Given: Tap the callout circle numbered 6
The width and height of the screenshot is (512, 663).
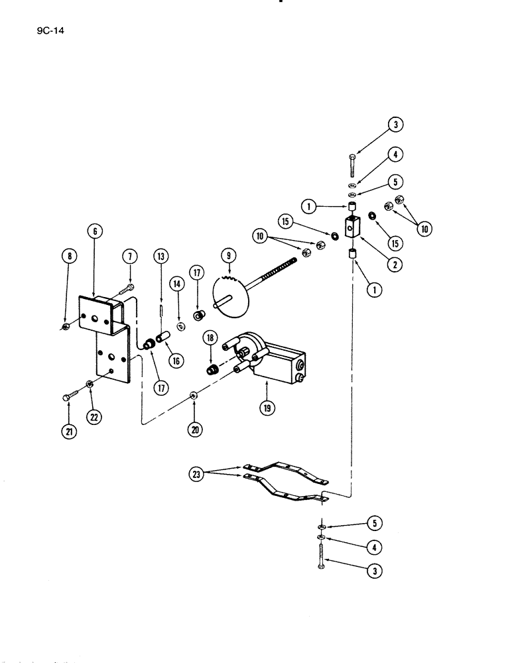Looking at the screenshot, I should pos(95,231).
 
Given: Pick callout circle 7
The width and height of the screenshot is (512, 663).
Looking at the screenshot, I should pos(129,257).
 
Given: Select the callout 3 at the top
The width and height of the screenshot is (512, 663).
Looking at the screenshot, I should pos(396,124).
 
